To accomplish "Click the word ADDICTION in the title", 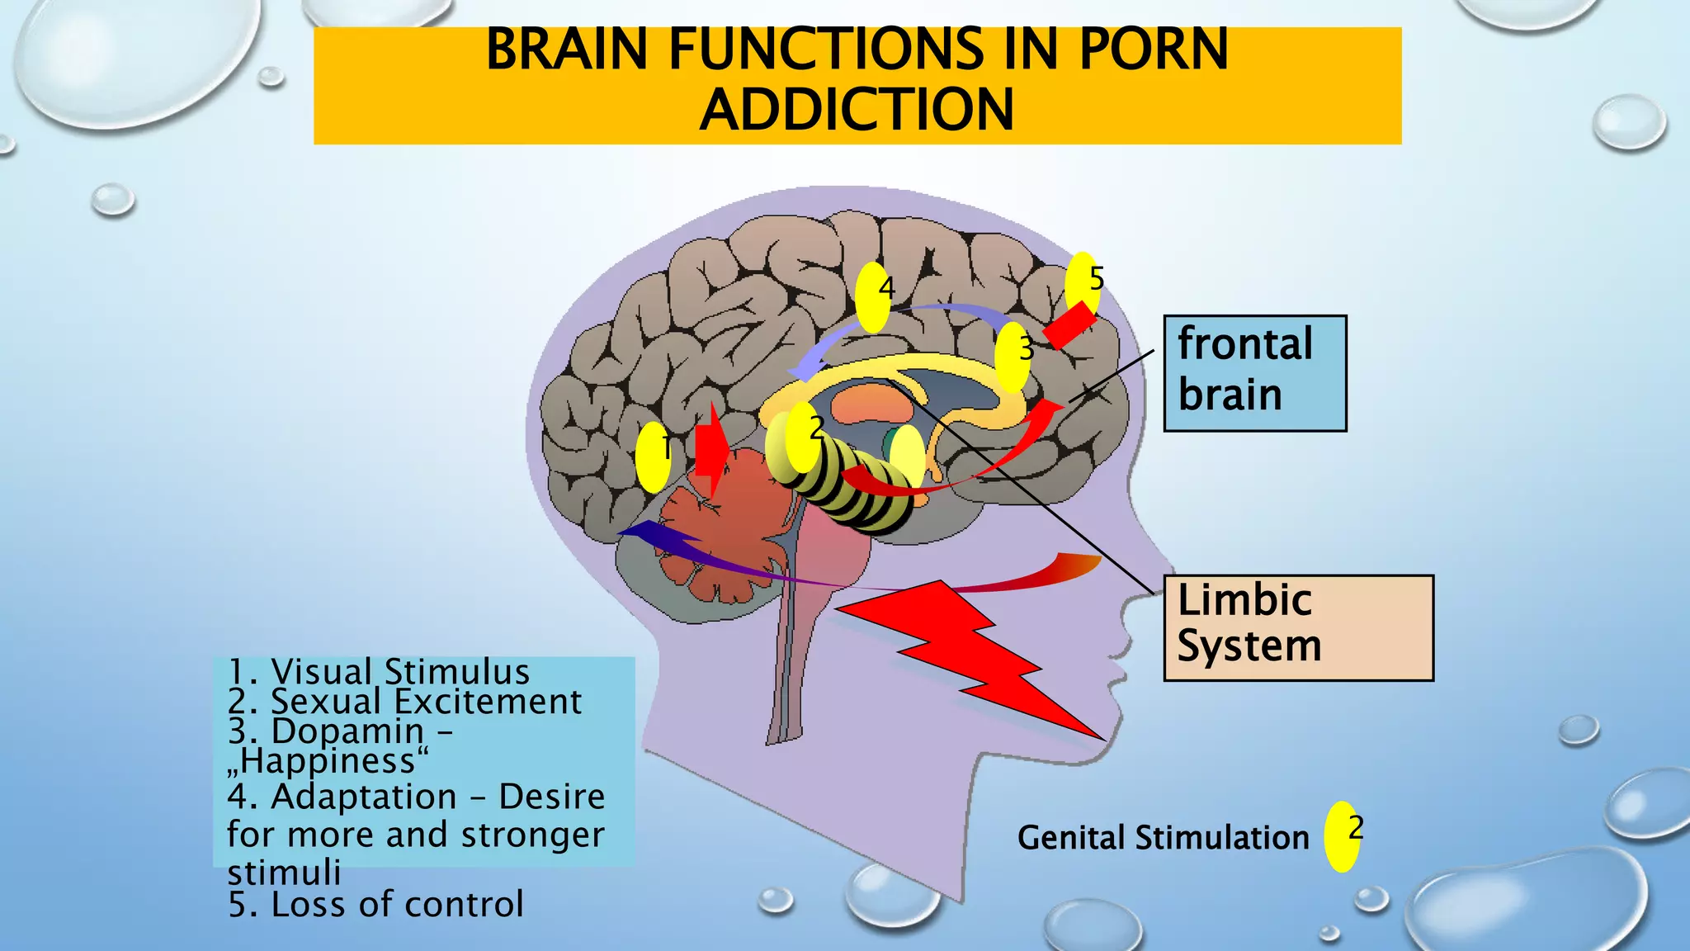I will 857,111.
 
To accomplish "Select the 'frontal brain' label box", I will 1254,373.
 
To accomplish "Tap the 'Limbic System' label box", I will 1298,627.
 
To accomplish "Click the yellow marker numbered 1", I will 653,457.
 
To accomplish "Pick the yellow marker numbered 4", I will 873,297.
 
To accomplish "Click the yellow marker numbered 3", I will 1013,357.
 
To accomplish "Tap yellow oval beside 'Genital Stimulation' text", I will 1342,836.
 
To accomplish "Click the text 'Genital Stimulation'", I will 1163,838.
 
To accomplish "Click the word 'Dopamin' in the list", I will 347,731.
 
